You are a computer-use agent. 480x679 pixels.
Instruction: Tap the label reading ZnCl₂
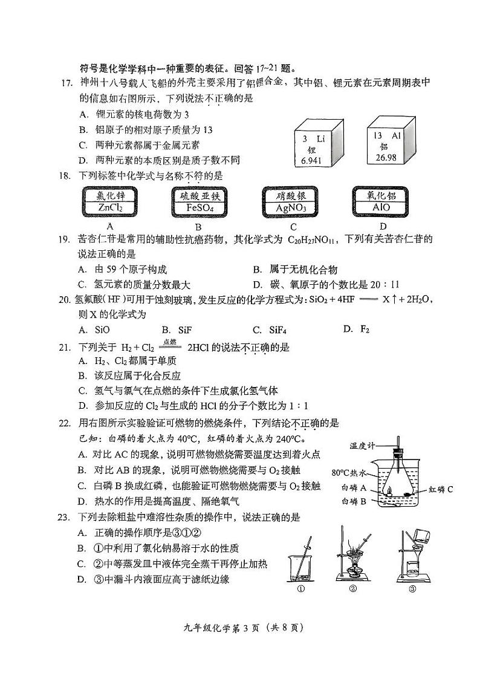coord(110,202)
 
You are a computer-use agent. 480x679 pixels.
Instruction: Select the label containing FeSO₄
coord(198,202)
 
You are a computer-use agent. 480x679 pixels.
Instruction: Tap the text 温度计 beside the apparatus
coord(362,446)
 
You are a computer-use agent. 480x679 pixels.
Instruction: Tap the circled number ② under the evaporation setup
coord(353,590)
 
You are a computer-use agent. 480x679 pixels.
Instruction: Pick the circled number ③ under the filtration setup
coord(412,590)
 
